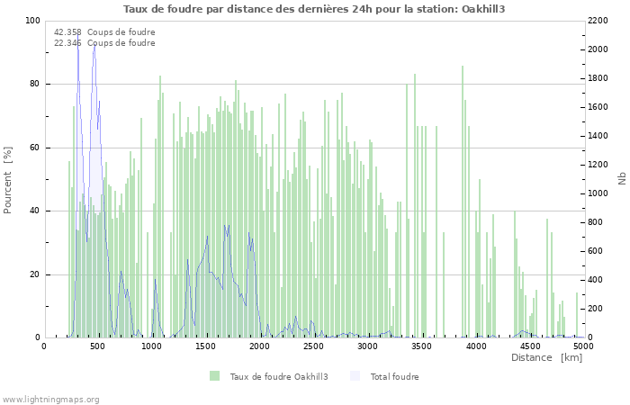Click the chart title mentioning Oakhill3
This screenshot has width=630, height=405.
coord(314,9)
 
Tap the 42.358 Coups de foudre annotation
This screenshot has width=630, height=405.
coord(104,32)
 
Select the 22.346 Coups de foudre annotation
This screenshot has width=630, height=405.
coord(104,43)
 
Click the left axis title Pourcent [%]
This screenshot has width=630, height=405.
coord(8,179)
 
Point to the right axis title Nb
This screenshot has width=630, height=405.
coord(622,179)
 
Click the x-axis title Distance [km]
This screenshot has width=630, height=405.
coord(546,358)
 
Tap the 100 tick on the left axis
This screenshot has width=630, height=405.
coord(32,21)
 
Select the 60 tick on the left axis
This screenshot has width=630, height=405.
coord(34,148)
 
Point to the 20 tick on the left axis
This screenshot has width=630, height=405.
coord(34,274)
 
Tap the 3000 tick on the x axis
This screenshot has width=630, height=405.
coord(368,346)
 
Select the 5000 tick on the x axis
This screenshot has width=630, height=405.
coord(583,346)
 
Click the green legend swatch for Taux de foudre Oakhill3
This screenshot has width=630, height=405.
coord(214,376)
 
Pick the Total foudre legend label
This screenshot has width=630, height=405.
coord(394,377)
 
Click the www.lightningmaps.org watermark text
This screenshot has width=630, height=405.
coord(50,400)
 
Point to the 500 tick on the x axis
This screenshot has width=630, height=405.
coord(98,346)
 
